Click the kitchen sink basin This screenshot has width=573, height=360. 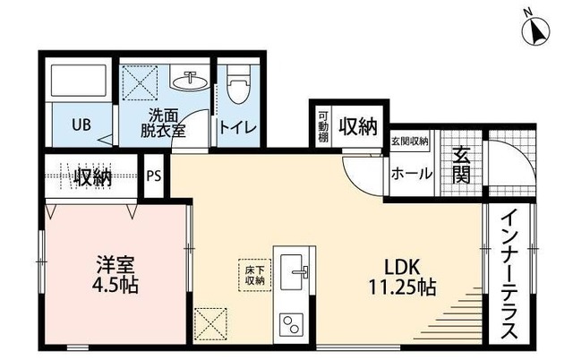[294, 269]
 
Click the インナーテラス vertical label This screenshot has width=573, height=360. [507, 274]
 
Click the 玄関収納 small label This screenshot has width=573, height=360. [409, 141]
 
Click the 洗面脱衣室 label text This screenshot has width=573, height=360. [167, 123]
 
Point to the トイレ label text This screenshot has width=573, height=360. [239, 128]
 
